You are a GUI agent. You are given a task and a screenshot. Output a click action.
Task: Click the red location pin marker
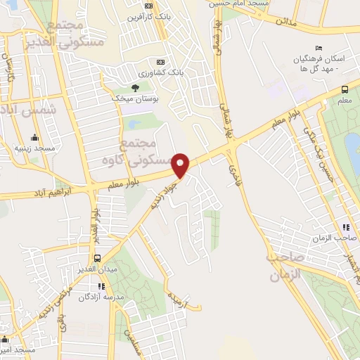(x=181, y=165)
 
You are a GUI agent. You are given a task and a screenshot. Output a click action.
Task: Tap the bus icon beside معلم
(x=345, y=89)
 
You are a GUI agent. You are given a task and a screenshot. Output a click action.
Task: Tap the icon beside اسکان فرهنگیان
(x=319, y=48)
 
